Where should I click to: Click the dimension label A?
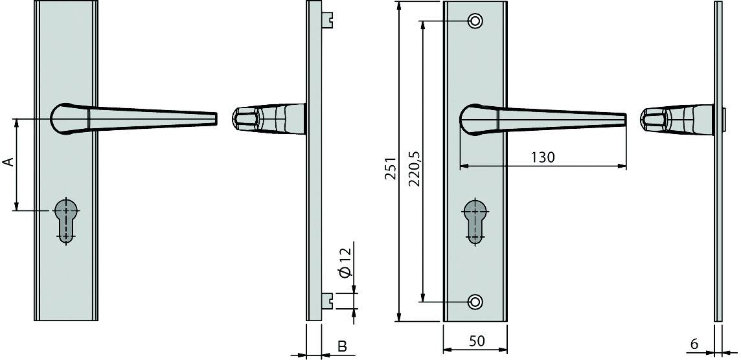pyautogui.click(x=8, y=161)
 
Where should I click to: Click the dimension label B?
pyautogui.click(x=342, y=347)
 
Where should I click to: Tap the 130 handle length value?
pyautogui.click(x=542, y=157)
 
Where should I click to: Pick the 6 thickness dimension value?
pyautogui.click(x=694, y=344)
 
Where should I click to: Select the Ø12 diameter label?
pyautogui.click(x=345, y=262)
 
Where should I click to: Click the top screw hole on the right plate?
pyautogui.click(x=476, y=21)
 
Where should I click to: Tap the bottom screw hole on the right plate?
pyautogui.click(x=476, y=302)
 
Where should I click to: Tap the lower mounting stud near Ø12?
pyautogui.click(x=328, y=300)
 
